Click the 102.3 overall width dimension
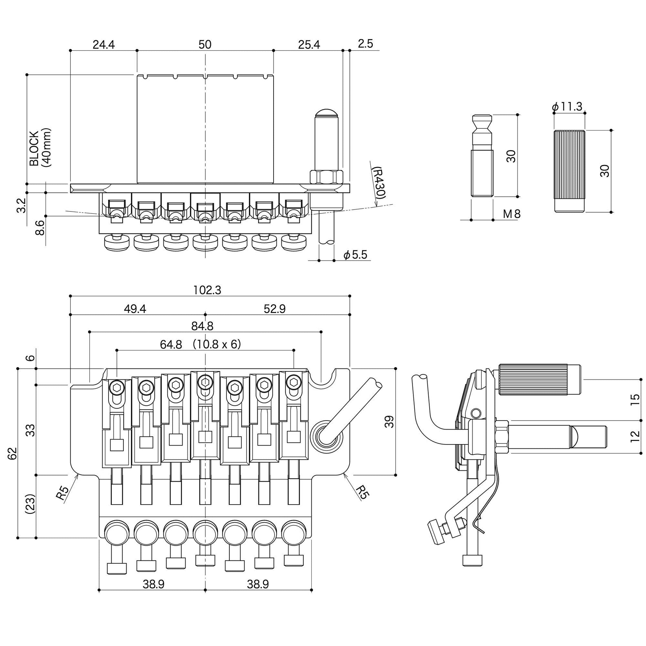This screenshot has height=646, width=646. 207,290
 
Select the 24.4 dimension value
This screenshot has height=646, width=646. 104,44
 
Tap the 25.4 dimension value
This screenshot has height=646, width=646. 309,44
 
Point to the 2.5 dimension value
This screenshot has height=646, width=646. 365,44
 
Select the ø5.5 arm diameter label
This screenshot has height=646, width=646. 356,255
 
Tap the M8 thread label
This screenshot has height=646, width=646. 512,214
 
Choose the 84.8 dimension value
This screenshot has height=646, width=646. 202,326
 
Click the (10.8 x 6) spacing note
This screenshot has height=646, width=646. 217,344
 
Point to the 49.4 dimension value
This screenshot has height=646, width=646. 135,309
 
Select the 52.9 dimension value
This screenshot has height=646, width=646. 275,309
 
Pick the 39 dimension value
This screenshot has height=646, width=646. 389,422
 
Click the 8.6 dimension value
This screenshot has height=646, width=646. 40,228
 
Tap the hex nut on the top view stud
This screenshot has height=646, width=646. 327,177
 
